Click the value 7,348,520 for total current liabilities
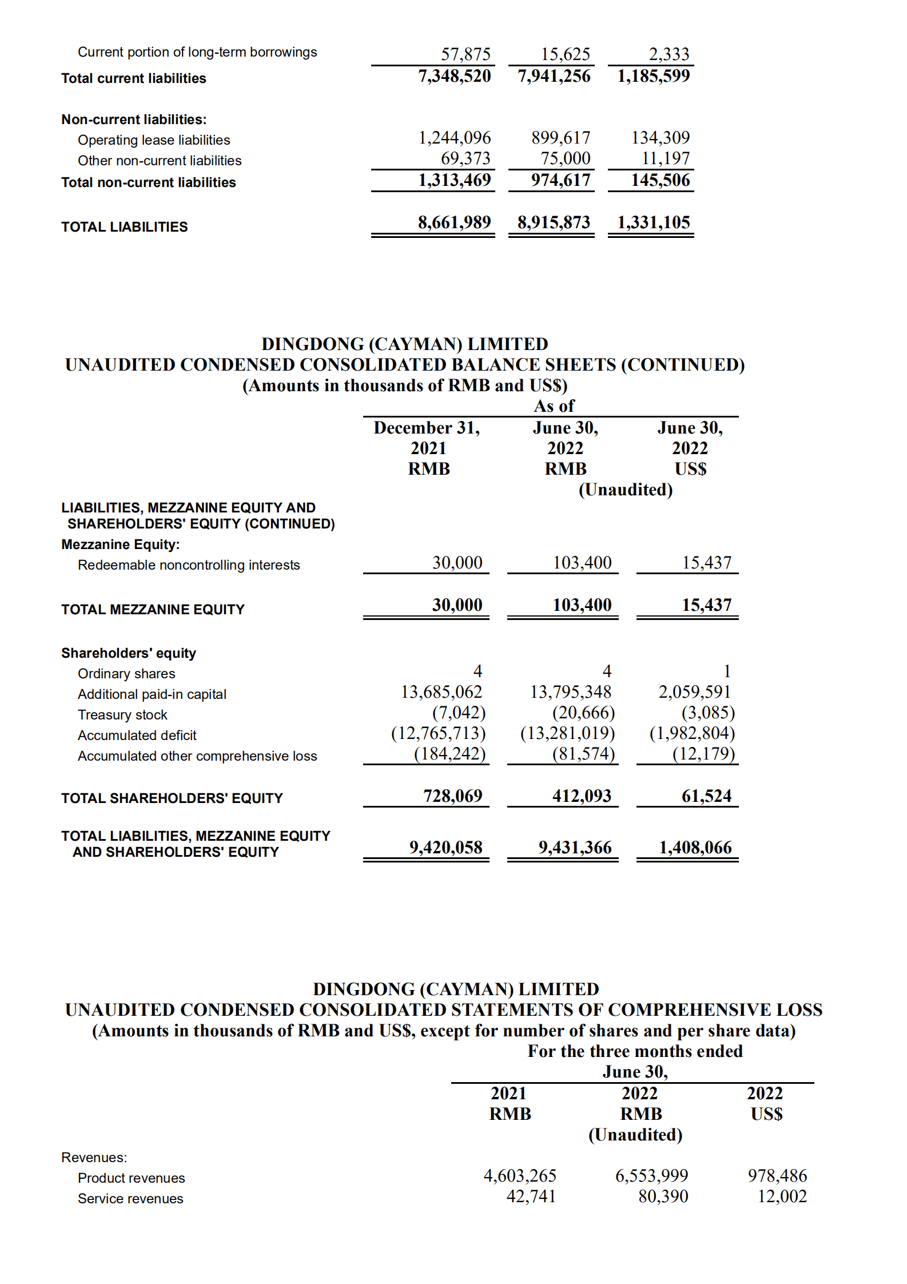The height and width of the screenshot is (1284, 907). click(x=454, y=76)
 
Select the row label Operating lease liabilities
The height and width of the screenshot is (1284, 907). click(x=154, y=140)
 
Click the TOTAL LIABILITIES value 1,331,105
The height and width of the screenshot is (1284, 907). click(x=653, y=222)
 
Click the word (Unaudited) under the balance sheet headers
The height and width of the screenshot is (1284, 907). click(x=625, y=490)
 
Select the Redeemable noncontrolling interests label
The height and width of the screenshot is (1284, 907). click(x=189, y=565)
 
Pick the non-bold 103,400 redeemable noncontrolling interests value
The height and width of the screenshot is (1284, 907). click(x=582, y=563)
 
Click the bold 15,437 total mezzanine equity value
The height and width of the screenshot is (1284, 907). click(x=706, y=605)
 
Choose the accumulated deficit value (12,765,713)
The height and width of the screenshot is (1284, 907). click(x=438, y=733)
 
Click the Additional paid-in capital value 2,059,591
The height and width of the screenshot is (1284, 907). click(x=694, y=692)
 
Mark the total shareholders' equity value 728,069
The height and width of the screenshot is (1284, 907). click(x=452, y=796)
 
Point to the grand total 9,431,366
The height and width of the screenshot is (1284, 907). click(x=575, y=848)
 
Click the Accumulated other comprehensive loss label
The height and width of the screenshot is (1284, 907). click(x=197, y=756)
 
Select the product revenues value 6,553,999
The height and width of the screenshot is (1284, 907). click(x=651, y=1176)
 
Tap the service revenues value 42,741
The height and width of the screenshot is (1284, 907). click(x=531, y=1196)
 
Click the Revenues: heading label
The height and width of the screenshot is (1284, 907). click(x=94, y=1158)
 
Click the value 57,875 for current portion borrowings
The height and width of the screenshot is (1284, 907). click(x=466, y=54)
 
